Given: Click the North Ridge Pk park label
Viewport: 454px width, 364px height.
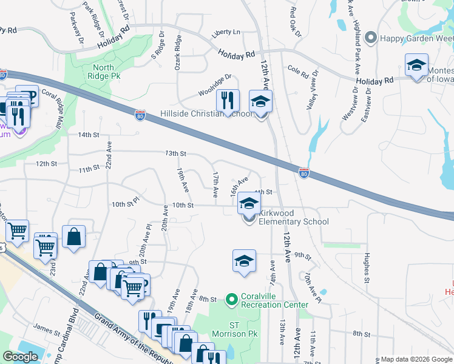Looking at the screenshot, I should point(107,72).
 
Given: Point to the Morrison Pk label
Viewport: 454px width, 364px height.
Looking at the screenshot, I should point(231,333).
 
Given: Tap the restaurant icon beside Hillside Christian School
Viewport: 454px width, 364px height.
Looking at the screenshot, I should point(228,101).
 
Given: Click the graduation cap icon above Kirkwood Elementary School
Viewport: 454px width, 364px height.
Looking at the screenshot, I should point(248,203).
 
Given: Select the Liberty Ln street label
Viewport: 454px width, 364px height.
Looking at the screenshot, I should point(226,32).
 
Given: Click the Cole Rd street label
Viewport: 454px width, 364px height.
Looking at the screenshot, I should point(299,70).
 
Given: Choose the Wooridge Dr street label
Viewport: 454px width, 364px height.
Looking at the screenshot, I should point(215,86).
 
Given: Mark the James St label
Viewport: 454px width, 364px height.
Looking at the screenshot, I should point(47,326).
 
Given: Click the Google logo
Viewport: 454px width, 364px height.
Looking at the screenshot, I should point(21,357).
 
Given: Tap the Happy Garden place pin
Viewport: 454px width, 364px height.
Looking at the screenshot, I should point(371,38).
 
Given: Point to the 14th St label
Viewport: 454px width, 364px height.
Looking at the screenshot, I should point(87,135).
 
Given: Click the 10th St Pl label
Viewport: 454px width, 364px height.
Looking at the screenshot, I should point(125,205).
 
